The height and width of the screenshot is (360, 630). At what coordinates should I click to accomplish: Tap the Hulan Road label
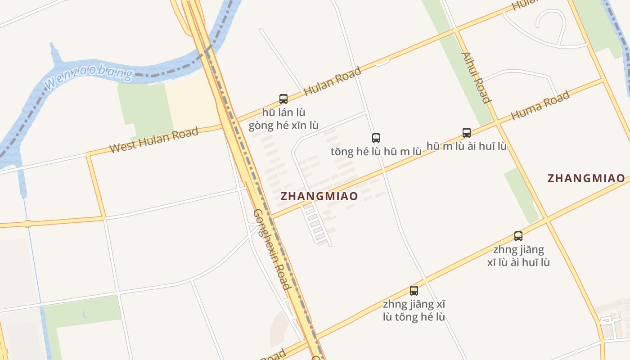click(x=333, y=81)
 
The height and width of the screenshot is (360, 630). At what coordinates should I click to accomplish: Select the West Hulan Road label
click(x=154, y=140)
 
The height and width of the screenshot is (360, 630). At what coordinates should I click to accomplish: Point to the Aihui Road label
click(x=476, y=77)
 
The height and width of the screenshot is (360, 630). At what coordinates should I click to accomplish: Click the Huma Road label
click(x=540, y=105)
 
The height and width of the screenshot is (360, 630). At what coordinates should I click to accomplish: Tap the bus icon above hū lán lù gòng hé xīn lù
click(x=283, y=99)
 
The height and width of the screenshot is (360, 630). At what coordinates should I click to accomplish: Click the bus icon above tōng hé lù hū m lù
click(x=376, y=138)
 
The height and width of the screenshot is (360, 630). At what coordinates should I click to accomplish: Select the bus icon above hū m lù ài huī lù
click(x=467, y=132)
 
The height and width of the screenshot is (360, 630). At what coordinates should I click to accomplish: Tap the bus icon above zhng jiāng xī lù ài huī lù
click(x=518, y=236)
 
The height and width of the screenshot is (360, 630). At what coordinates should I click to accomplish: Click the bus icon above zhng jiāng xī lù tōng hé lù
click(x=414, y=290)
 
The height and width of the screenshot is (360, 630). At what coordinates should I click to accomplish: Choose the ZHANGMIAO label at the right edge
click(x=586, y=178)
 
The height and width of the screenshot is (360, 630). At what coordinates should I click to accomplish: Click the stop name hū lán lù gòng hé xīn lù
click(x=283, y=119)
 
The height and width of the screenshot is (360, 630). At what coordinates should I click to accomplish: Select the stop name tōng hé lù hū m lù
click(x=376, y=152)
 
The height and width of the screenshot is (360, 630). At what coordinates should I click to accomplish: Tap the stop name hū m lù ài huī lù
click(x=467, y=146)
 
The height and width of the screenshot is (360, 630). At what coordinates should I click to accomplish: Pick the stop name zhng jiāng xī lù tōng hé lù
click(x=414, y=310)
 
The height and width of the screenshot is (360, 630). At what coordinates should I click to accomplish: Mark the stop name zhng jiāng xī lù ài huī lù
click(x=518, y=256)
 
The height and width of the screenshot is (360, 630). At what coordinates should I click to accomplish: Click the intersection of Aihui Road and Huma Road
click(x=497, y=121)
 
